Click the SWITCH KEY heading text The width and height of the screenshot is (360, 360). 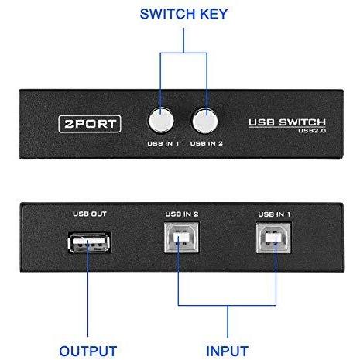[x=183, y=14]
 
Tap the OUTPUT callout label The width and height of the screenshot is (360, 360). [x=88, y=351]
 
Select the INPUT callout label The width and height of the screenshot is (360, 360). [x=228, y=351]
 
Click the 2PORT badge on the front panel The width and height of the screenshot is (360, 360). [x=90, y=124]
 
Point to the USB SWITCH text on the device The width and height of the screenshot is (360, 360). [x=287, y=122]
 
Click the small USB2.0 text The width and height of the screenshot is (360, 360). [x=312, y=131]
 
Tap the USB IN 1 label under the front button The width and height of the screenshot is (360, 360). [x=163, y=143]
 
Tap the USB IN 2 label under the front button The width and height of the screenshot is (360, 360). [x=207, y=143]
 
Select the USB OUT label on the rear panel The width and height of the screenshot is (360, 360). [x=90, y=214]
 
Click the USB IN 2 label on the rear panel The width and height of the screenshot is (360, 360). [x=182, y=214]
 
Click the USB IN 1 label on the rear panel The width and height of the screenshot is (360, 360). [x=274, y=214]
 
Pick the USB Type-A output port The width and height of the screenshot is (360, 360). [x=89, y=242]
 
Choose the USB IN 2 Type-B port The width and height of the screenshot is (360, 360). [x=181, y=238]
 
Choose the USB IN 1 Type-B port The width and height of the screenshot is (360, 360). [x=273, y=238]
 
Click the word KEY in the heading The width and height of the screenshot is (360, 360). [x=214, y=14]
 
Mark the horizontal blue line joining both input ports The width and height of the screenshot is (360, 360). [x=227, y=305]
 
